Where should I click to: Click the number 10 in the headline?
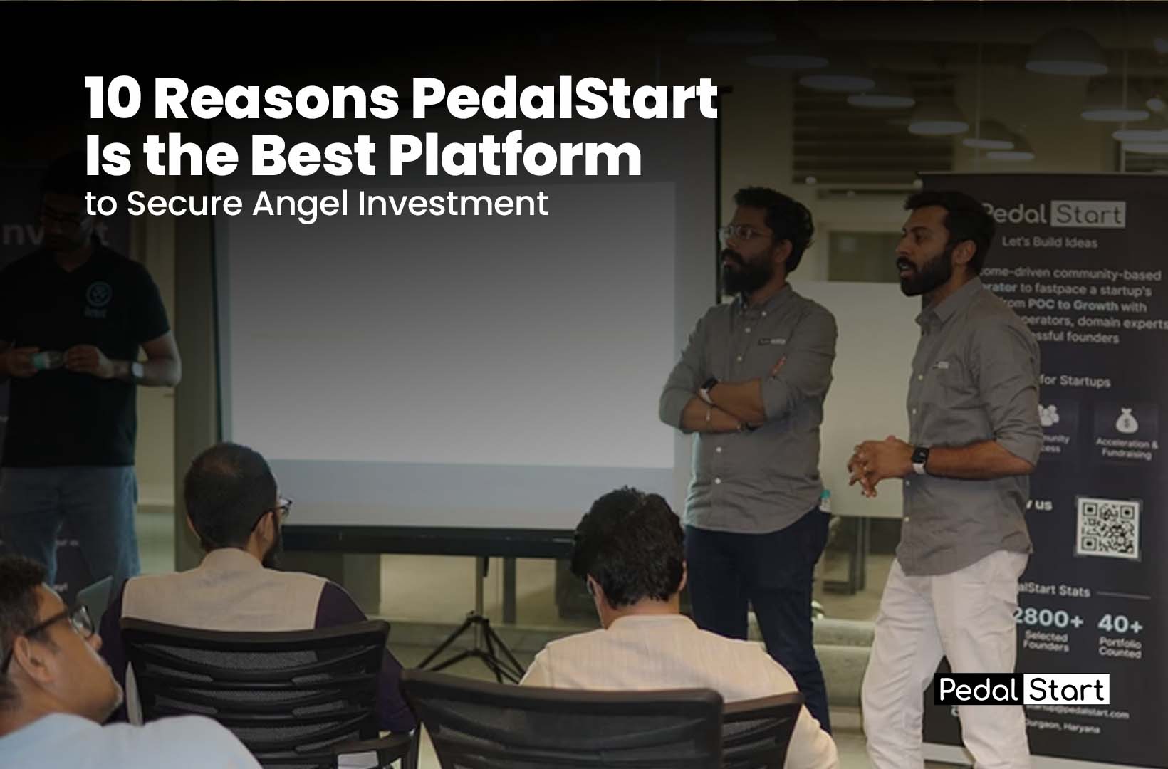point(111,100)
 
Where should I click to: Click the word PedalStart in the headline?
point(563,100)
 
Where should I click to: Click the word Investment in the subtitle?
point(453,203)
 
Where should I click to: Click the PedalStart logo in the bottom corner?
point(1021,689)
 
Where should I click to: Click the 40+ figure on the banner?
point(1120,624)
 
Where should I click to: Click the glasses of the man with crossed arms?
point(746,233)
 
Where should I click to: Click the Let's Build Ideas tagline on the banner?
point(1050,242)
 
